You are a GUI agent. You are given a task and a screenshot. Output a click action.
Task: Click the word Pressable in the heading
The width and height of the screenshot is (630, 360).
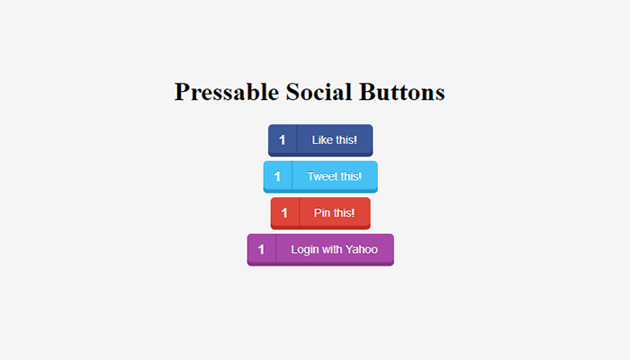[227, 93]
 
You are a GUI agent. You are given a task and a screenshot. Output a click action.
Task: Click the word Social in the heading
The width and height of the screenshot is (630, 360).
[319, 92]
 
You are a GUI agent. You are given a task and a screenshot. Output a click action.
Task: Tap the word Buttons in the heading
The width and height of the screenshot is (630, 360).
[401, 92]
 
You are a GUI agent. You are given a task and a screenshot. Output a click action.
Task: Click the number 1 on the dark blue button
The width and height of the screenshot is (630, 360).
[282, 140]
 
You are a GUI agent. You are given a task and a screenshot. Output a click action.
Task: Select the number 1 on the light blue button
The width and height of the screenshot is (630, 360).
[277, 176]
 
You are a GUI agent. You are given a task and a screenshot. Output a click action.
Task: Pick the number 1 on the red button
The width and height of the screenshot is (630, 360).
[284, 213]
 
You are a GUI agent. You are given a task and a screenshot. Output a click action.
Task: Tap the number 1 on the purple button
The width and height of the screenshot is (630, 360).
[261, 249]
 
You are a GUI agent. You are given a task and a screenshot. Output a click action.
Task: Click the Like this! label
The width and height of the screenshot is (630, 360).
[334, 139]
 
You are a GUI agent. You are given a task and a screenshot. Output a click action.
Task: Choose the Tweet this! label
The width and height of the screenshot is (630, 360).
[334, 176]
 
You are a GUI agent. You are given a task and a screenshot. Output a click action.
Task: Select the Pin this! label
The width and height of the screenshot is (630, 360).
[334, 212]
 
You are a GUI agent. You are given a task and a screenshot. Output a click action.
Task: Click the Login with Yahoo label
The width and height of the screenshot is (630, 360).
[334, 249]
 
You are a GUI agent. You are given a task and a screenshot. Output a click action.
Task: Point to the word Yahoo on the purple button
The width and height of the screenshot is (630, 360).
[362, 249]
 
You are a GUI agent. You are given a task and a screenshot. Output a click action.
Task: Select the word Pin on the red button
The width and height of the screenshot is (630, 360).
[322, 212]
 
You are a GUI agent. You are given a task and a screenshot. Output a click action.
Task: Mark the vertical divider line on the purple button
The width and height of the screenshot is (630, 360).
[275, 248]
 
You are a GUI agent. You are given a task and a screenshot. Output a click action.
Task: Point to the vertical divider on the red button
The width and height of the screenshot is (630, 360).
[299, 211]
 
